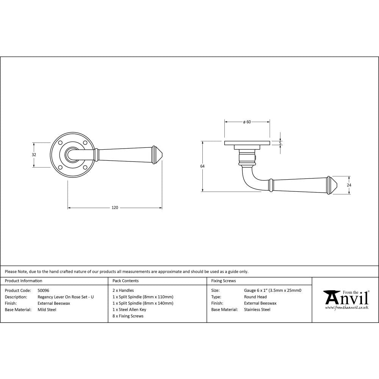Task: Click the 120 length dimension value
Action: [x=115, y=207]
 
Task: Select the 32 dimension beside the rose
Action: [x=34, y=155]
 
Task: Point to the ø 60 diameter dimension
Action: [x=247, y=122]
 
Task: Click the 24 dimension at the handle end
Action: [x=349, y=185]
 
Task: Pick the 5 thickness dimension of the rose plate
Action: [x=280, y=143]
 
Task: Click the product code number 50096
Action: [x=44, y=290]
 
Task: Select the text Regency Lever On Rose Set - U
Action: [x=66, y=297]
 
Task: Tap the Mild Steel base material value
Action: [x=47, y=310]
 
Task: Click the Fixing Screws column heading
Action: [x=223, y=281]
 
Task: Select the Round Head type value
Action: [x=255, y=297]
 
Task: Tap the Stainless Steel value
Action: [x=257, y=310]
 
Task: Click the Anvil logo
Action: [x=345, y=298]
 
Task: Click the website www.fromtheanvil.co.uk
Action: [x=346, y=308]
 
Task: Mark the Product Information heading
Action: [x=23, y=281]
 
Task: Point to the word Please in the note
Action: [x=11, y=271]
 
